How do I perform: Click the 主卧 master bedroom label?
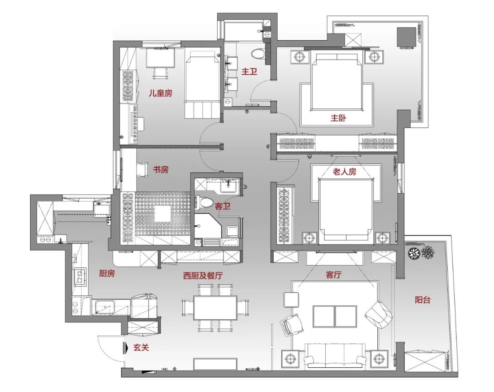(x=338, y=118)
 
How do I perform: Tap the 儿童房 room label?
(x=161, y=93)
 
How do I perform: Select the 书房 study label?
(x=161, y=169)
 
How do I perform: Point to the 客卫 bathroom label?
(x=223, y=207)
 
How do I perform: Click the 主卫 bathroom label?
(x=249, y=71)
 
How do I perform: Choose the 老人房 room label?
(x=344, y=172)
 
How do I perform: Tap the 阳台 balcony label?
(x=423, y=300)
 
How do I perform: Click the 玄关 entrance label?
(x=141, y=348)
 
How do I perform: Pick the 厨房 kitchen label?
(x=107, y=273)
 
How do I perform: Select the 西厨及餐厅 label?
(x=203, y=276)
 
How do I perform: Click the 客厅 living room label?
(x=333, y=275)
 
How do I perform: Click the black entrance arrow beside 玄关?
(x=126, y=348)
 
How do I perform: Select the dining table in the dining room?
(x=215, y=307)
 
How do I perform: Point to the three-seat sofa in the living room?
(x=335, y=355)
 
